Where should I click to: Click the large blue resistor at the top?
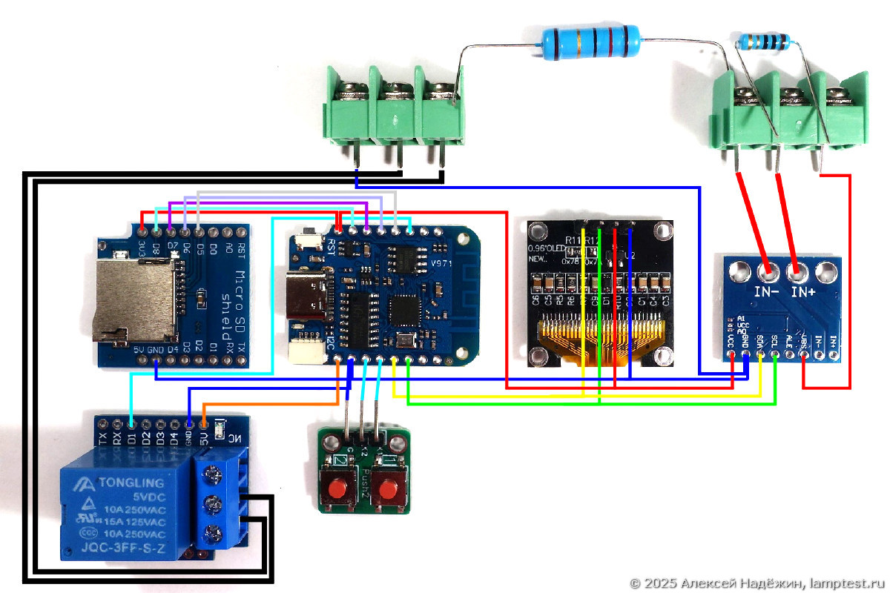590,43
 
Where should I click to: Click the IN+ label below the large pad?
804,293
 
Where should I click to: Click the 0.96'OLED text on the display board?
546,248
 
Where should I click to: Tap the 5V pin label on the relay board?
204,437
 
